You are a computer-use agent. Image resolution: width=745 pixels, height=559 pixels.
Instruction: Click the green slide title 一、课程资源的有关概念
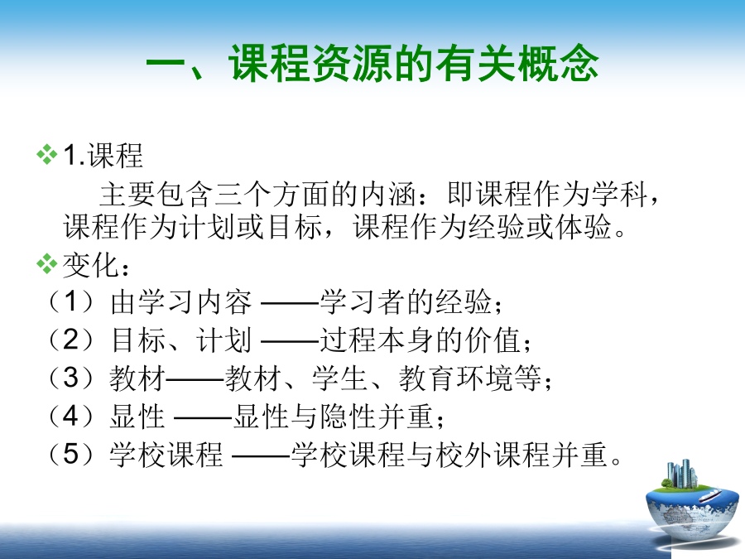pyautogui.click(x=372, y=63)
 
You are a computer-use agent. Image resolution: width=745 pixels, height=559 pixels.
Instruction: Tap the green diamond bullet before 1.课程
pyautogui.click(x=46, y=155)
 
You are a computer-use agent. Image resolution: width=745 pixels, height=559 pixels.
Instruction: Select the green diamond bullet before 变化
pyautogui.click(x=46, y=264)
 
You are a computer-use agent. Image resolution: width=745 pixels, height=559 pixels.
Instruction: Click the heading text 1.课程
pyautogui.click(x=103, y=155)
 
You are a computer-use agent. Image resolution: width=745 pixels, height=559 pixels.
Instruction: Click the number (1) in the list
pyautogui.click(x=71, y=301)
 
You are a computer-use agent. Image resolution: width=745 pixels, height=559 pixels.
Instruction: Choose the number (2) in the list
pyautogui.click(x=71, y=340)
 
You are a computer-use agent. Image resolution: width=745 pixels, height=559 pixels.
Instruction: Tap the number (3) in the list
pyautogui.click(x=71, y=378)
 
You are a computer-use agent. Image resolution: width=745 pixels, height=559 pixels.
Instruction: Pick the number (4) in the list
pyautogui.click(x=71, y=416)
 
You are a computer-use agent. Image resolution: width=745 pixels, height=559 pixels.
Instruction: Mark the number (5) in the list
pyautogui.click(x=71, y=454)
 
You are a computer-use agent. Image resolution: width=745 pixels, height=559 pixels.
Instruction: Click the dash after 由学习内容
pyautogui.click(x=290, y=302)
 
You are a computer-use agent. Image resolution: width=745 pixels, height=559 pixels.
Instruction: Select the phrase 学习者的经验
pyautogui.click(x=406, y=301)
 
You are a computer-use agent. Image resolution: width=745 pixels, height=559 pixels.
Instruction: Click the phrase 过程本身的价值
pyautogui.click(x=421, y=340)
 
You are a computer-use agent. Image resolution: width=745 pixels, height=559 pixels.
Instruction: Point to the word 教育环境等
pyautogui.click(x=470, y=378)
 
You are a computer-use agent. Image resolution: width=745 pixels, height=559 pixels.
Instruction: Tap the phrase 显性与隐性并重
pyautogui.click(x=333, y=416)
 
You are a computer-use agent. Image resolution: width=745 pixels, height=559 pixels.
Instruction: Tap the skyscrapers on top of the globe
pyautogui.click(x=682, y=474)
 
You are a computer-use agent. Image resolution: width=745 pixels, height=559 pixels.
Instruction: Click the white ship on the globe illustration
pyautogui.click(x=710, y=496)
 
